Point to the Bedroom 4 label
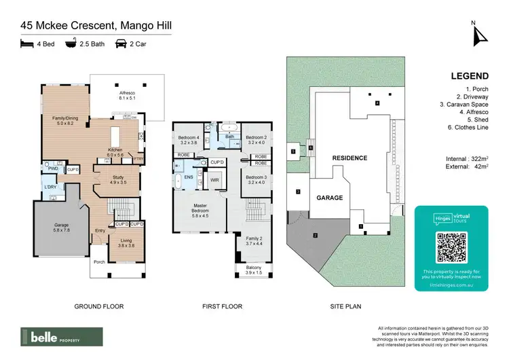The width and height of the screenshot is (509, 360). [187, 140]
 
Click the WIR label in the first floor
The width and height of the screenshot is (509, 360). [214, 180]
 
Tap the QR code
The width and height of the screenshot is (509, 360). [451, 247]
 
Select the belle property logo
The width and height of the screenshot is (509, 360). [62, 336]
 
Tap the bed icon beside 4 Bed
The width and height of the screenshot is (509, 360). [26, 43]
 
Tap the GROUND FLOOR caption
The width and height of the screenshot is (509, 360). [99, 307]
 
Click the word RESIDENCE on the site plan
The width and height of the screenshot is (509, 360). [350, 158]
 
